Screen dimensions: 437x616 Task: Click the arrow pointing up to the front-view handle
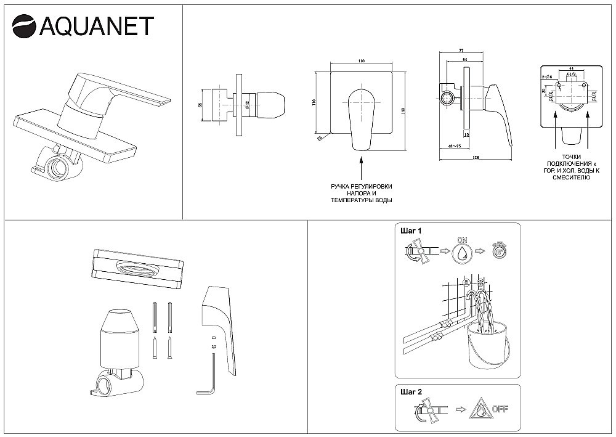360,166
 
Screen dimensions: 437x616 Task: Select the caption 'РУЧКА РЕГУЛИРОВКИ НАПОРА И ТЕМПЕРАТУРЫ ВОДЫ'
360,193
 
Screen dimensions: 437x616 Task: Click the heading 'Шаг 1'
411,231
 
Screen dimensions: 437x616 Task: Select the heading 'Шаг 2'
411,391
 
